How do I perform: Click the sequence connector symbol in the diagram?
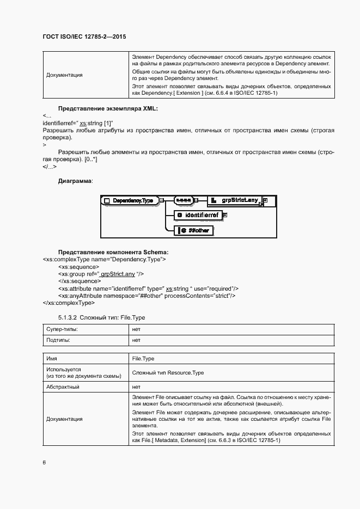click(182, 200)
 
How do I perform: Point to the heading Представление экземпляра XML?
click(108, 109)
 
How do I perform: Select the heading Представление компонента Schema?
click(113, 253)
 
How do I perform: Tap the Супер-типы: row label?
click(62, 330)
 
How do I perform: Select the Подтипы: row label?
click(58, 340)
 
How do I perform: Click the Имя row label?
click(52, 360)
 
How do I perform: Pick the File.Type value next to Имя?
click(144, 360)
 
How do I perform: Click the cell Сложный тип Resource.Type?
click(168, 373)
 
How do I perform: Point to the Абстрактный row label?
click(63, 387)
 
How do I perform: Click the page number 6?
click(44, 463)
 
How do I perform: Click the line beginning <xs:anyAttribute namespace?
click(147, 296)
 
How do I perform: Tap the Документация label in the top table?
click(64, 75)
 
